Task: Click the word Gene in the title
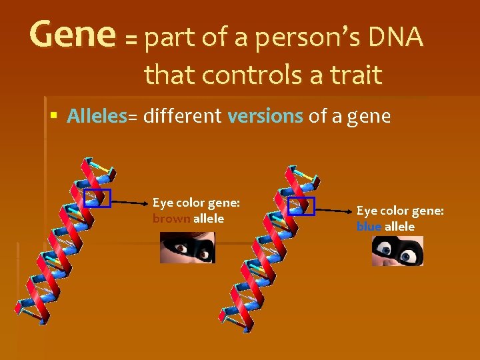click(x=72, y=35)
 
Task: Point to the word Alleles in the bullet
click(x=97, y=116)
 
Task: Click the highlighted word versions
click(x=265, y=116)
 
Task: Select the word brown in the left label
click(x=171, y=219)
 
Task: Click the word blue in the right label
click(x=368, y=227)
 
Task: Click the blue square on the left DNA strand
click(x=97, y=199)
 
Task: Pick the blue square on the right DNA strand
click(x=300, y=206)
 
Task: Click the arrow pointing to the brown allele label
click(x=128, y=200)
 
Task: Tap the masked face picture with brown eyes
click(x=187, y=247)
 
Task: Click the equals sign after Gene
click(x=131, y=40)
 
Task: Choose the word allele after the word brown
click(x=209, y=219)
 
